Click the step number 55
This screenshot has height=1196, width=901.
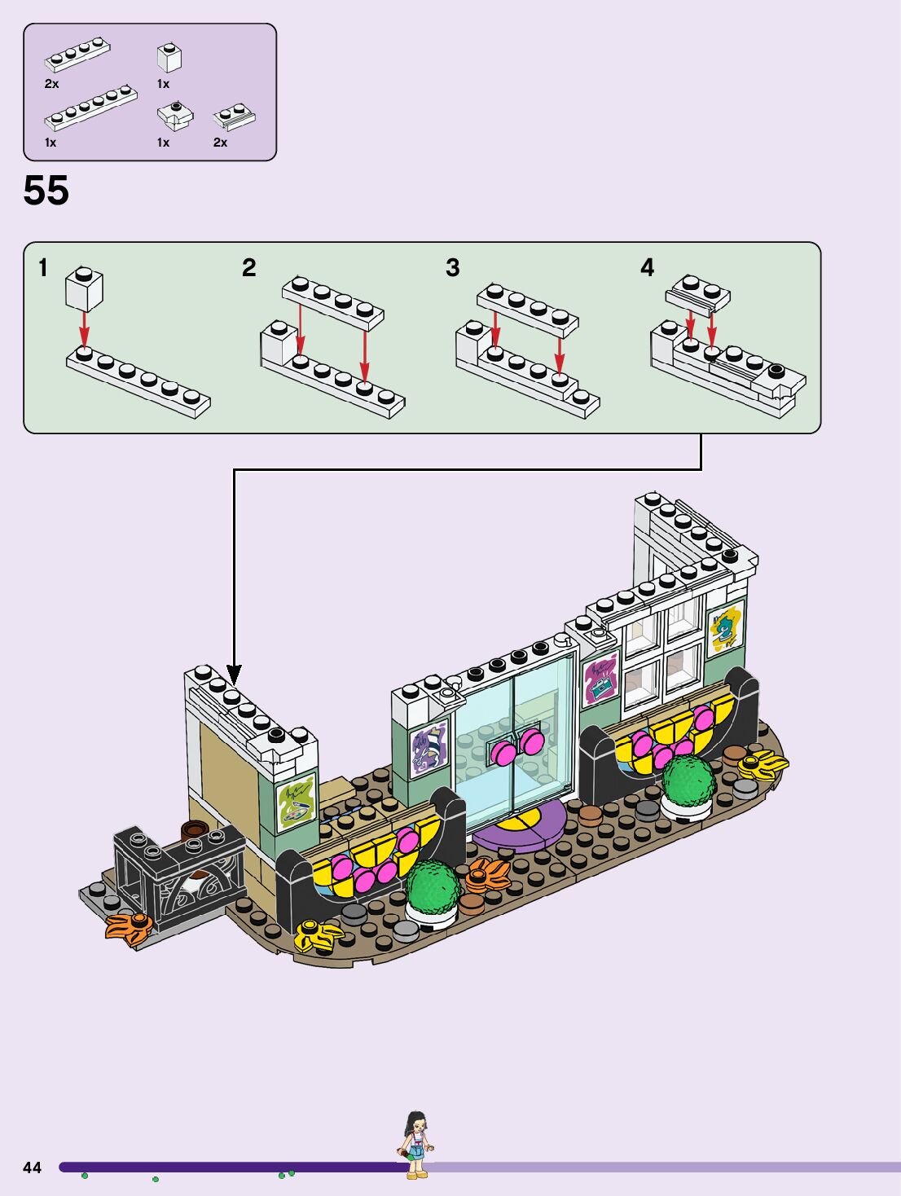(x=46, y=191)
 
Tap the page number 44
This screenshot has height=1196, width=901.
(x=32, y=1167)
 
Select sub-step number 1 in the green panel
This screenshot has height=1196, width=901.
(x=43, y=267)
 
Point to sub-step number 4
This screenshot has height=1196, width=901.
(x=647, y=267)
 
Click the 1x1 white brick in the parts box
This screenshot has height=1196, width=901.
(x=169, y=58)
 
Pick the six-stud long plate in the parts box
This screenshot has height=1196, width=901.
(x=90, y=108)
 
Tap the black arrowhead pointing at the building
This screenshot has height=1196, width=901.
(x=234, y=675)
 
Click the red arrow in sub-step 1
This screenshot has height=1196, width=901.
(x=83, y=329)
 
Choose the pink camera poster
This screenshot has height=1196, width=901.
(x=600, y=679)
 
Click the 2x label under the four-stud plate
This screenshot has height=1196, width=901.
(x=52, y=84)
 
